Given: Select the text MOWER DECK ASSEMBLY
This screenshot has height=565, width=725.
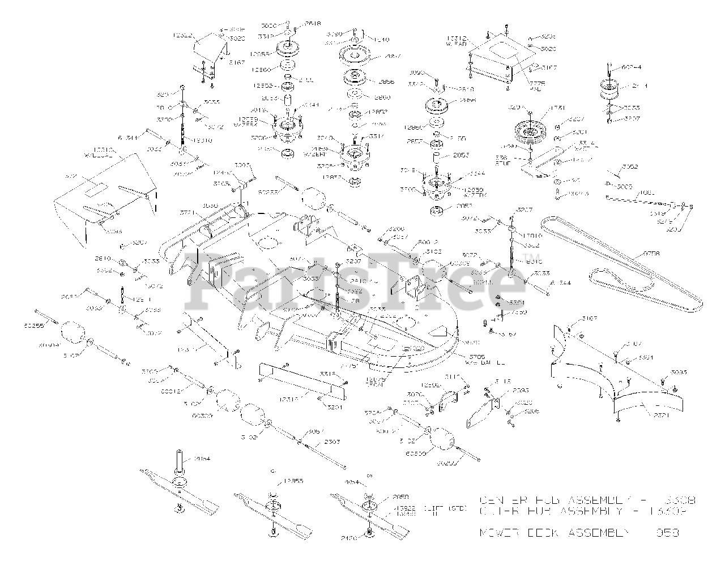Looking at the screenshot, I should [555, 533].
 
